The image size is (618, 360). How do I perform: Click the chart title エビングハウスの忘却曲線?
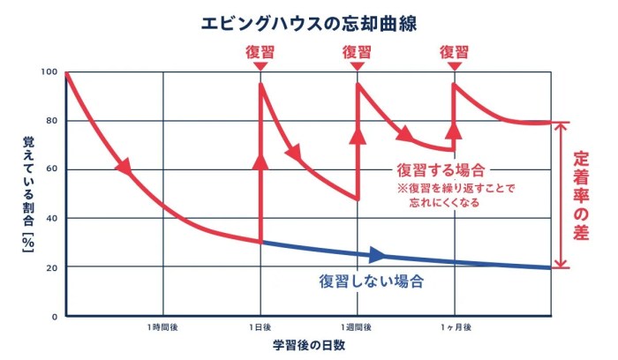[309, 24]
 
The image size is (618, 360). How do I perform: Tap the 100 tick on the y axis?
[49, 71]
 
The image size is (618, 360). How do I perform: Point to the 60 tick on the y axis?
[51, 169]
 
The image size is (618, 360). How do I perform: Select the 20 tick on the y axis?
[51, 268]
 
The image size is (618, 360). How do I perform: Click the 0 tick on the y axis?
[55, 316]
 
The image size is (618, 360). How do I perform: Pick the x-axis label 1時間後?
[162, 327]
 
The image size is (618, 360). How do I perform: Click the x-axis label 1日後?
[260, 327]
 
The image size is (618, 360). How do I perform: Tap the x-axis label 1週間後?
[357, 327]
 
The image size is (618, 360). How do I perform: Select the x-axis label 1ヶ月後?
[456, 327]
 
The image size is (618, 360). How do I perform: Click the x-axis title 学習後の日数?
[309, 345]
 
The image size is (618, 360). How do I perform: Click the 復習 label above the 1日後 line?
[260, 52]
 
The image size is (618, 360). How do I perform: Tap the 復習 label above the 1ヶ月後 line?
[454, 52]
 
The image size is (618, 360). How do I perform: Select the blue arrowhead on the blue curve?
[377, 255]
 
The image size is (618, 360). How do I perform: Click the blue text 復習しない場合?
[372, 281]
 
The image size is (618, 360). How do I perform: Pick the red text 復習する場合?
[441, 170]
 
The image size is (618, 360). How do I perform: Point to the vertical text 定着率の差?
[581, 196]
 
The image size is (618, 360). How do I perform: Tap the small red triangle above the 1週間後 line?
[357, 66]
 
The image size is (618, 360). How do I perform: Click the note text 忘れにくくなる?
[444, 203]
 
